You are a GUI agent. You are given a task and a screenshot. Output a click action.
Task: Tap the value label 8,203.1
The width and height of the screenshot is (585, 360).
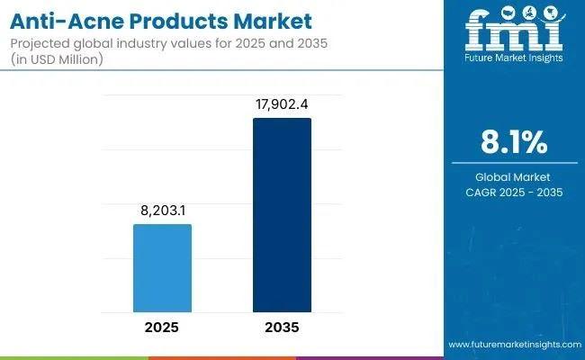[x=162, y=211]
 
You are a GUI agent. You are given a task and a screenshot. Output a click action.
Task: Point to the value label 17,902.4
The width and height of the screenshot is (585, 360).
[x=282, y=104]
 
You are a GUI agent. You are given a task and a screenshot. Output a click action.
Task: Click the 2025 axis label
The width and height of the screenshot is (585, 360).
[x=162, y=327]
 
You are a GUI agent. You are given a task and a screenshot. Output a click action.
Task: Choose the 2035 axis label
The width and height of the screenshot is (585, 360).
[x=282, y=327]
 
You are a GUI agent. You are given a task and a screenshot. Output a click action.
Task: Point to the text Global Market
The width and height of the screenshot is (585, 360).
[x=515, y=177]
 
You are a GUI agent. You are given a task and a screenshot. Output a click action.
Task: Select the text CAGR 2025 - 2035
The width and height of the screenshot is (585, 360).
[x=515, y=192]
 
